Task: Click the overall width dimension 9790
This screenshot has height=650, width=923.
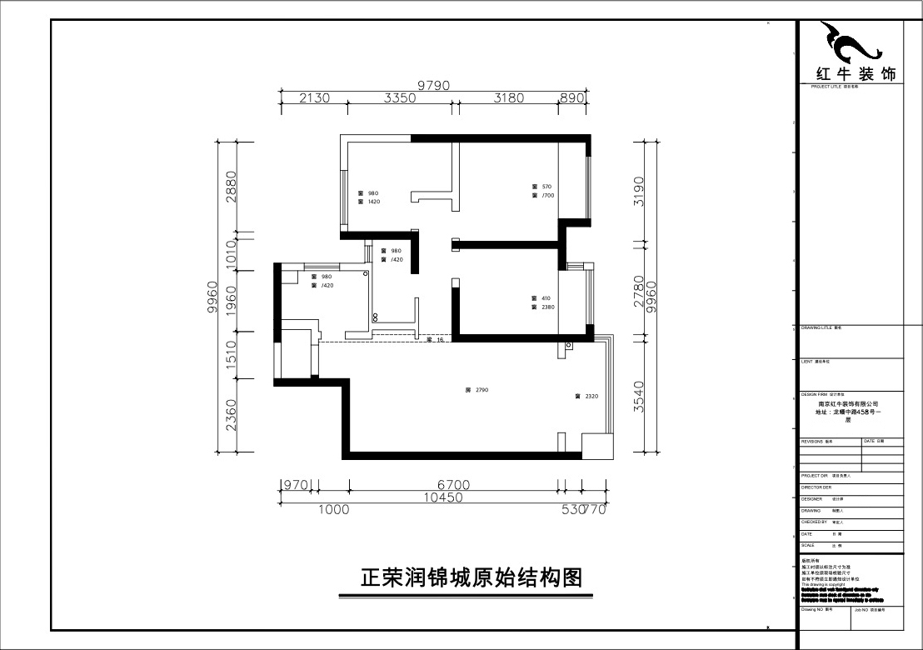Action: click(x=433, y=84)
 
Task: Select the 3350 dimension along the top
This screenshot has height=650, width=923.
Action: click(x=400, y=97)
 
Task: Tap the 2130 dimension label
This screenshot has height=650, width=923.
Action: click(x=314, y=97)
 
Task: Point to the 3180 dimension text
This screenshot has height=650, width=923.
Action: click(x=508, y=97)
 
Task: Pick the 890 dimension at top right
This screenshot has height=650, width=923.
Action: click(x=572, y=97)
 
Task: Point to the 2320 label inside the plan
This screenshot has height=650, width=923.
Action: click(x=591, y=397)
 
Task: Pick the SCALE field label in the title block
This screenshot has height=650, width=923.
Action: click(x=807, y=545)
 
